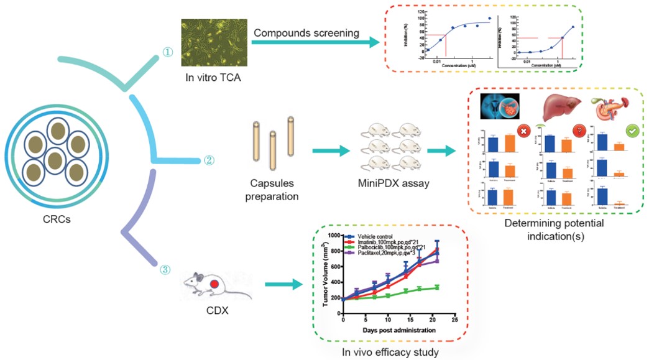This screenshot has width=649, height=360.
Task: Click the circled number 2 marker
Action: pos(209,160)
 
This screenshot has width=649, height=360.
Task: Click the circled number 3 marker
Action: pos(165,269)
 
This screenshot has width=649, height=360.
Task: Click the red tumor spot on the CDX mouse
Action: pos(213,284)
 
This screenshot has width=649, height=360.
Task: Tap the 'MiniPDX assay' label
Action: pos(392,183)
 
